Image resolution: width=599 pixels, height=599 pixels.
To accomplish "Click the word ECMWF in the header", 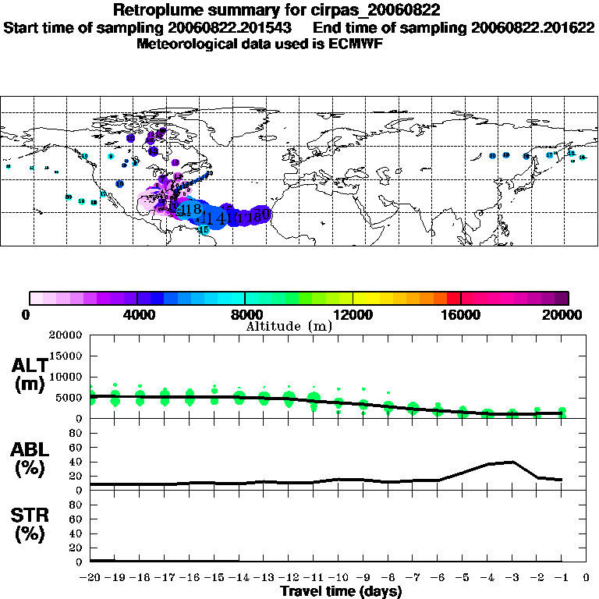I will pyautogui.click(x=356, y=43).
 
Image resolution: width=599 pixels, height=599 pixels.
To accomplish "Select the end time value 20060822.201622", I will pyautogui.click(x=530, y=27).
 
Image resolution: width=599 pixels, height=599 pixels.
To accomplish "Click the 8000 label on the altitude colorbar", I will pyautogui.click(x=245, y=315).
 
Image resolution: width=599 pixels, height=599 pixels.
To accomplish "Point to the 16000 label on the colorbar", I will pyautogui.click(x=462, y=315).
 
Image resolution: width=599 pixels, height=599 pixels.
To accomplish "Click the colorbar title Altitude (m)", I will pyautogui.click(x=289, y=326).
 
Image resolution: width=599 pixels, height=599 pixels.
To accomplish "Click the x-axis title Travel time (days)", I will pyautogui.click(x=341, y=592).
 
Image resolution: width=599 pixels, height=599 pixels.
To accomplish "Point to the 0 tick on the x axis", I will pyautogui.click(x=587, y=578).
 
